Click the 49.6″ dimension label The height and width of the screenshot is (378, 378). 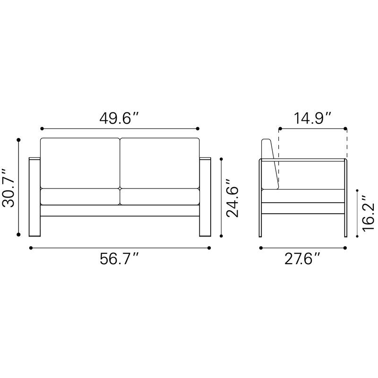pos(120,119)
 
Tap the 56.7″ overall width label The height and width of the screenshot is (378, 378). pos(120,259)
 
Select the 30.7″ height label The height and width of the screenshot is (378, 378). pos(8,188)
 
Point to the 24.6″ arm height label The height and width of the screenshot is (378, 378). pos(232,198)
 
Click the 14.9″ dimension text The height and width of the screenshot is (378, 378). pos(312,118)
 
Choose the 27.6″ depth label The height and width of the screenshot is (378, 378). pos(302,259)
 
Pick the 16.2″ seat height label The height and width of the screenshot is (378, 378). pos(369,214)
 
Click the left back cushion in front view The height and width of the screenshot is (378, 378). pos(80,163)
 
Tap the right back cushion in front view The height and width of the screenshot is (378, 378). pos(160,163)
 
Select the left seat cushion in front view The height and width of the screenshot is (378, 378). pos(80,197)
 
